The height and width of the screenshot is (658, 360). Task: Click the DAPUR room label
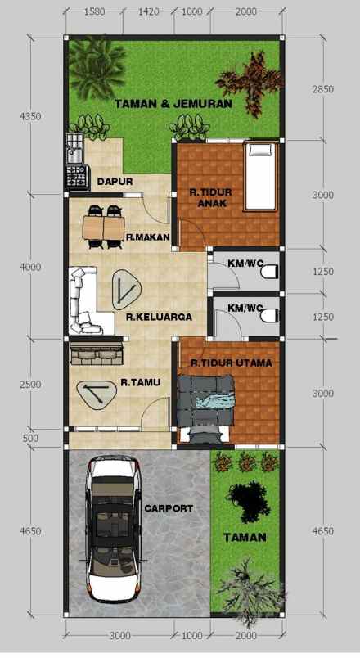[x=115, y=181]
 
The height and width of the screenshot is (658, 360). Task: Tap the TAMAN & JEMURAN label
[x=173, y=104]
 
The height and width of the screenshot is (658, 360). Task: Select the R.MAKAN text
[x=147, y=237]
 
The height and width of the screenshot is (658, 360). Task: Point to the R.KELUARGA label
[x=159, y=317]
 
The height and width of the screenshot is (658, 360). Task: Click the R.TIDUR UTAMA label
[x=232, y=362]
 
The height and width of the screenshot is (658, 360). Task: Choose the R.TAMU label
[x=140, y=381]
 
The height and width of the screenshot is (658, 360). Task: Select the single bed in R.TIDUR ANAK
[x=261, y=174]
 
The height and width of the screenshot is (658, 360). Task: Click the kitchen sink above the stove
[x=74, y=149]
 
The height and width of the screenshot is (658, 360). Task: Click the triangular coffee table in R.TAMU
[x=96, y=394]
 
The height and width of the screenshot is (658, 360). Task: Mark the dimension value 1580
[x=95, y=12]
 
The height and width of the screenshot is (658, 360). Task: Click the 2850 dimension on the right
[x=322, y=89]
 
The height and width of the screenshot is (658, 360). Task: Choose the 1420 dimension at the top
[x=148, y=12]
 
